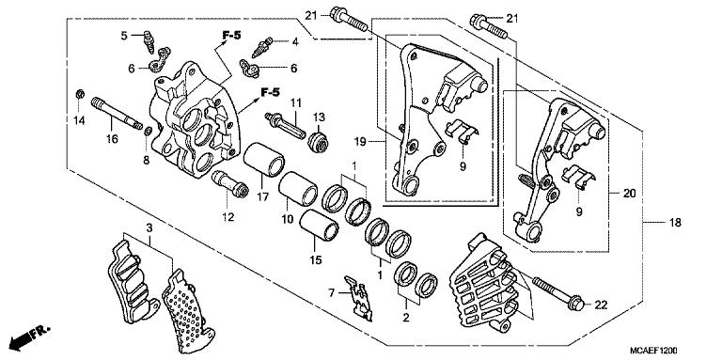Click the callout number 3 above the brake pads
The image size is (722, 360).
pyautogui.click(x=149, y=227)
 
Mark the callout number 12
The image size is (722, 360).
pyautogui.click(x=228, y=219)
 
